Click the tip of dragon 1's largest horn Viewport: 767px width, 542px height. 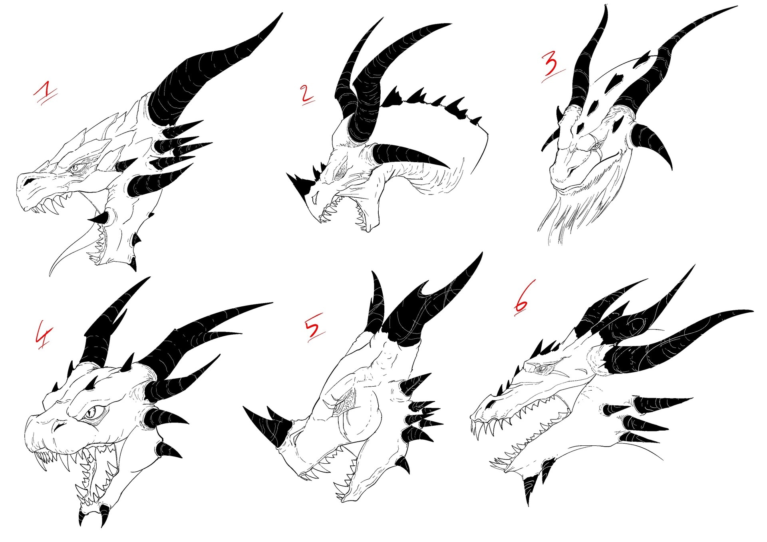pos(282,13)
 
